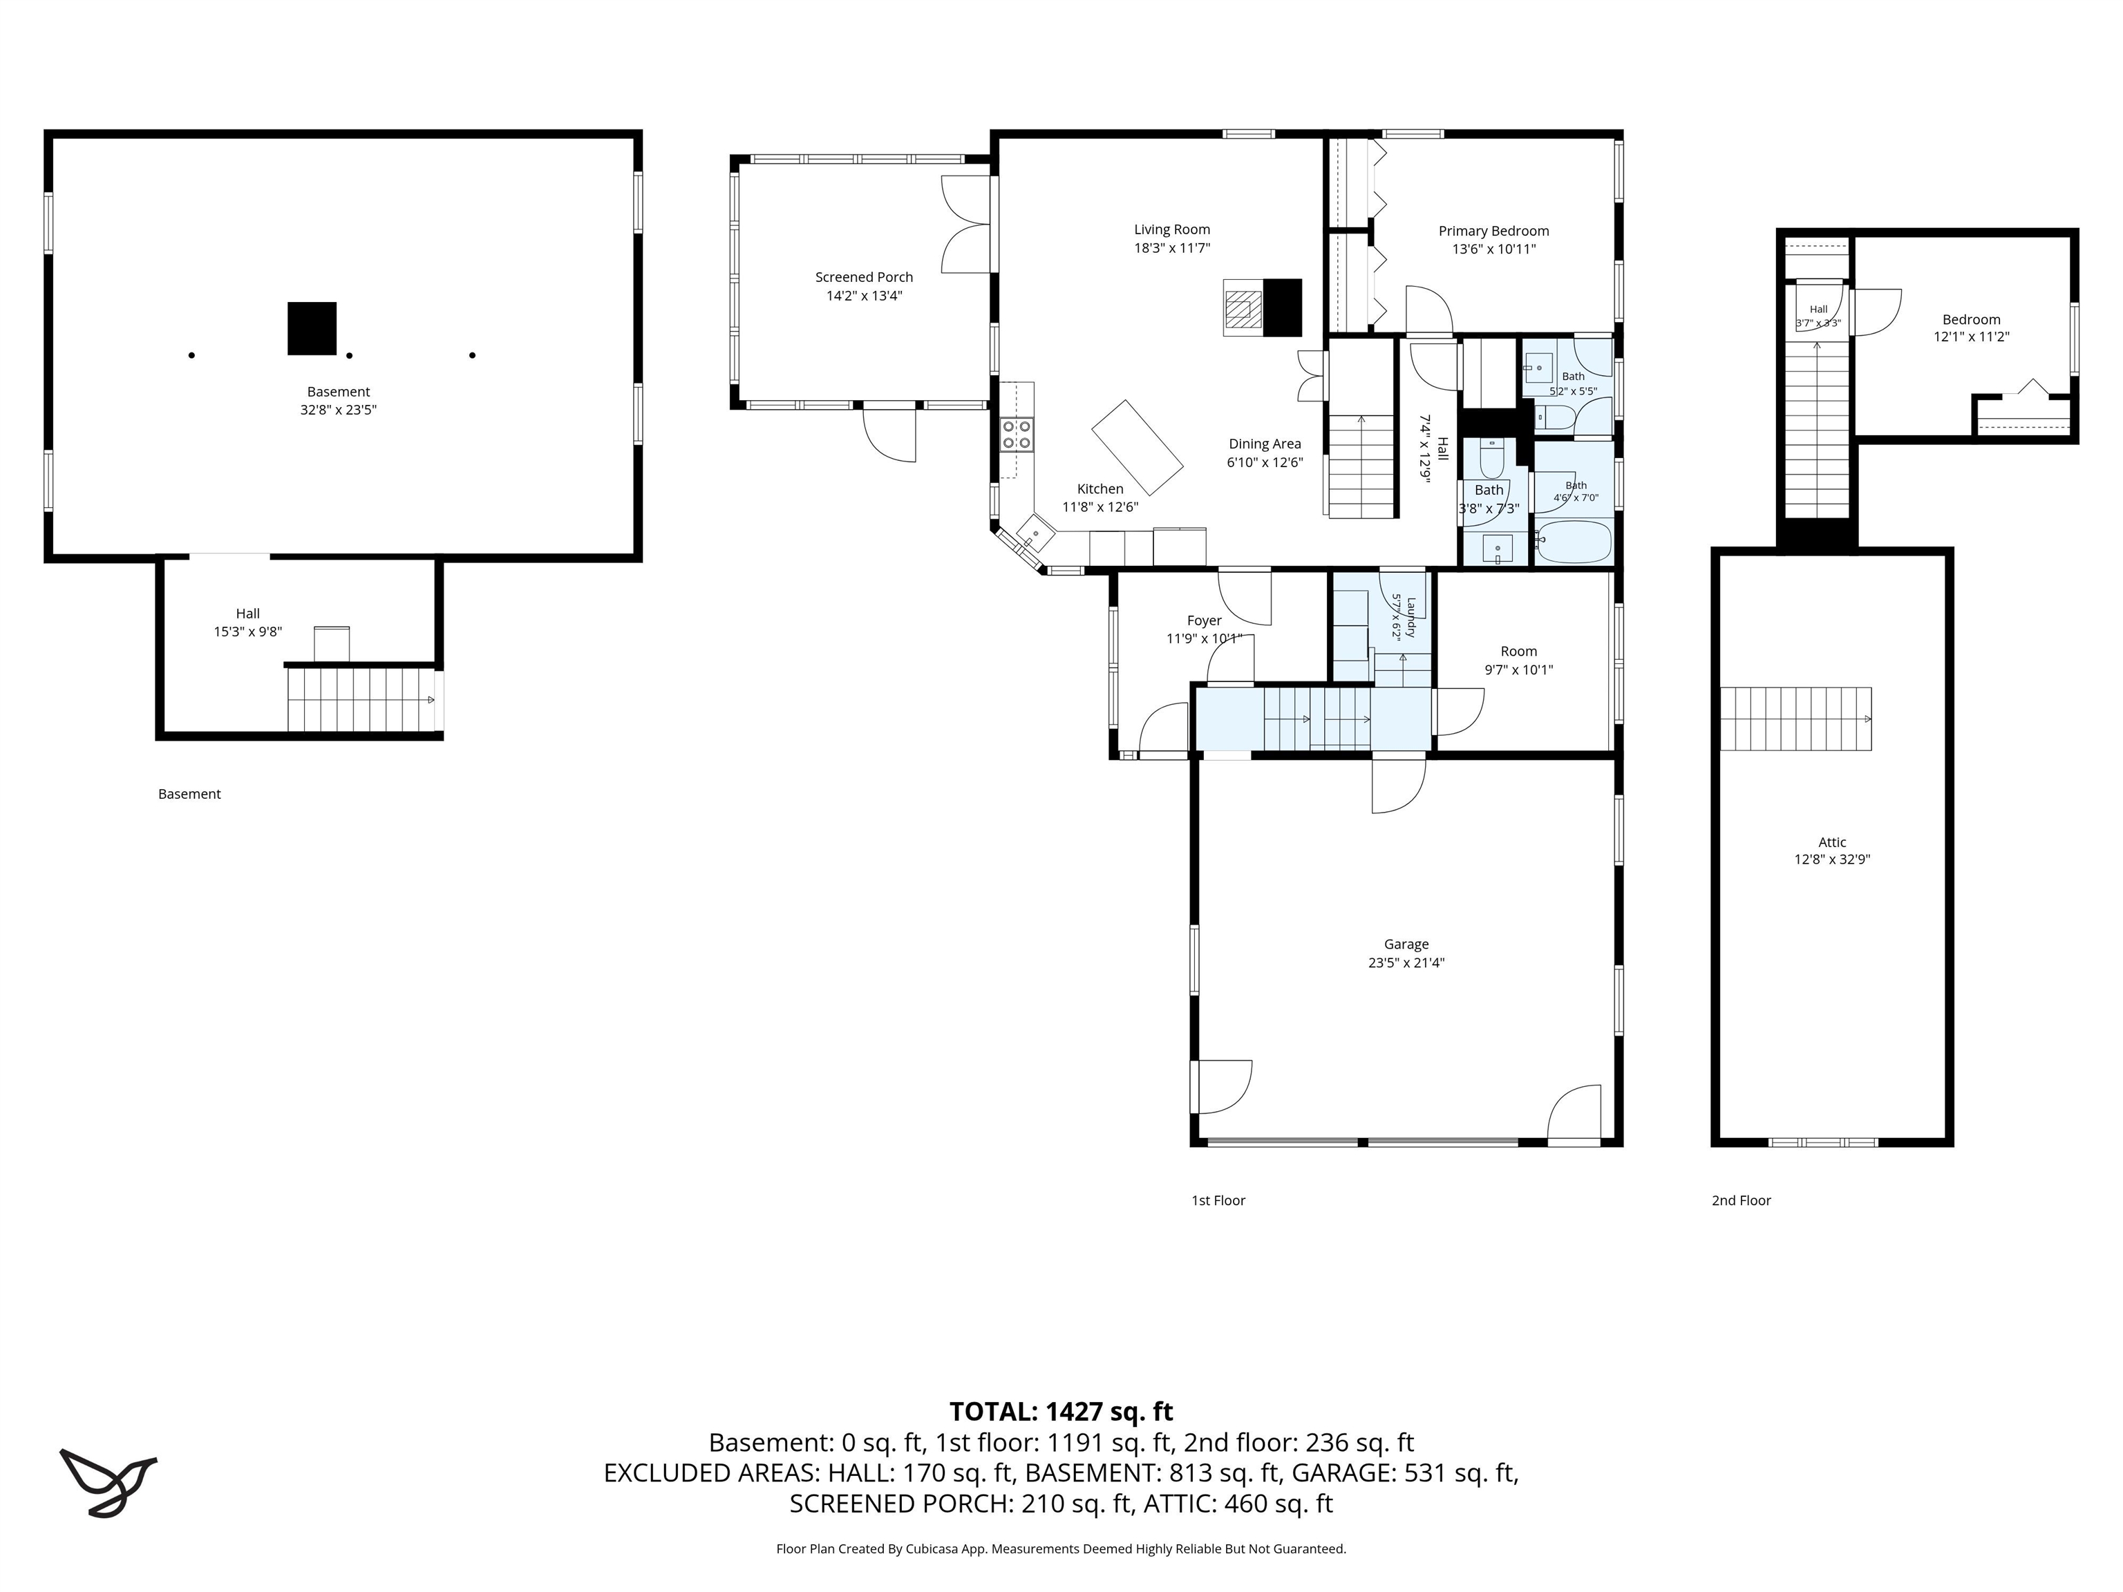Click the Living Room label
(x=1172, y=229)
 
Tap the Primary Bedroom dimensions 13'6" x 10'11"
(x=1493, y=249)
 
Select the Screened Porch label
(x=864, y=277)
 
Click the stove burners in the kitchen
(x=1017, y=435)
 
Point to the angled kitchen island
(x=1138, y=447)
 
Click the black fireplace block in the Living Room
(x=1282, y=307)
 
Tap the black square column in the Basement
(x=312, y=328)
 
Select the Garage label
(x=1406, y=945)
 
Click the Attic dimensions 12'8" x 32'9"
(x=1832, y=860)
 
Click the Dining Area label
(x=1265, y=444)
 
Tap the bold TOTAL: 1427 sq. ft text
(x=1061, y=1412)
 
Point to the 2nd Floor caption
(x=1741, y=1200)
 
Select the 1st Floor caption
(x=1218, y=1200)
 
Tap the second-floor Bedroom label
(x=1972, y=319)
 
